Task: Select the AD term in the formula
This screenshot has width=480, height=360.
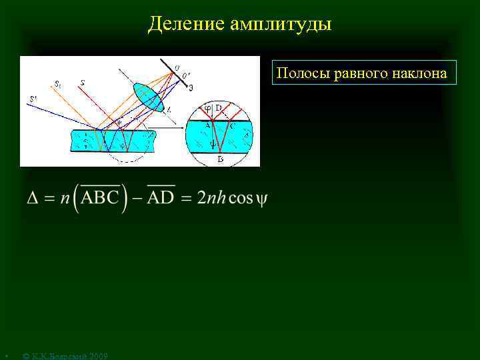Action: (x=160, y=199)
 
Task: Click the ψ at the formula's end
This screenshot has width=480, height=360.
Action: (x=261, y=199)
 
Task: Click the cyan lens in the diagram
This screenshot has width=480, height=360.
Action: (x=148, y=97)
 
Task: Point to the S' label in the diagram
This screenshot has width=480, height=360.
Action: (x=33, y=100)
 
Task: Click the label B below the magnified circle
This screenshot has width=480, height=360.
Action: (x=221, y=160)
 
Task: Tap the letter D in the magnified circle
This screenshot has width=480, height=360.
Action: (x=219, y=109)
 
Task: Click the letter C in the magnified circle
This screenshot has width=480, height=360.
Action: (x=232, y=124)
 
